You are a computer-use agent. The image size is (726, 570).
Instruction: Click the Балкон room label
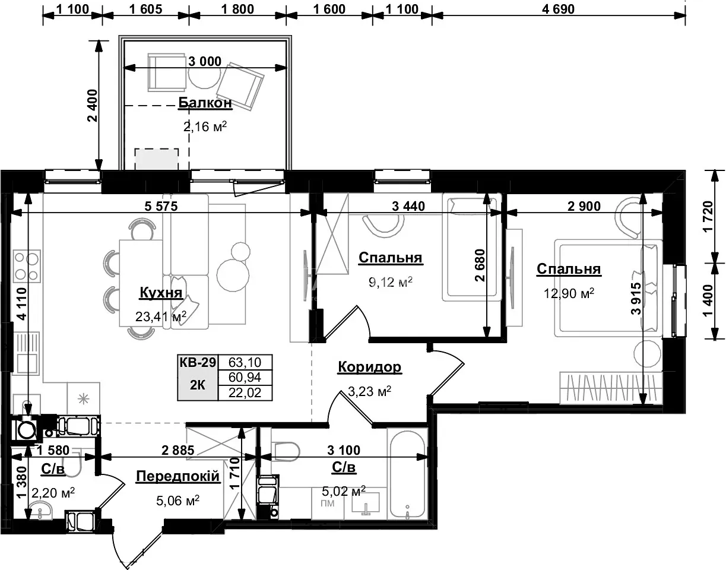click(x=205, y=103)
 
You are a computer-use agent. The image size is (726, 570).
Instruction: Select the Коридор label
click(x=369, y=366)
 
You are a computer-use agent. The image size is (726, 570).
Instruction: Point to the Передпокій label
click(x=177, y=476)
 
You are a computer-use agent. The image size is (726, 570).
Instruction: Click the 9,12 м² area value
click(x=391, y=282)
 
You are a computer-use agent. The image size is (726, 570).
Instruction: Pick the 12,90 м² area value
click(x=569, y=293)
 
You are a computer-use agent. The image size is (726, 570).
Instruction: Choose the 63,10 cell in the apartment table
click(x=245, y=362)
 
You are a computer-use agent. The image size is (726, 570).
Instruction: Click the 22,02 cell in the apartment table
click(x=245, y=392)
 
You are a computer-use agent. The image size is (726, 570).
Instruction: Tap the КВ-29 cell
click(x=198, y=362)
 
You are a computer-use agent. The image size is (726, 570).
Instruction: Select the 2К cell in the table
click(x=198, y=385)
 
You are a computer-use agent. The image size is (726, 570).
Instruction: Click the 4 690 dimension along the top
click(x=558, y=9)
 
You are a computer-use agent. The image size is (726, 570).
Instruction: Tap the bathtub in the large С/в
click(x=408, y=474)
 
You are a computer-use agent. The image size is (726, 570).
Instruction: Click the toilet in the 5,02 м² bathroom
click(x=285, y=451)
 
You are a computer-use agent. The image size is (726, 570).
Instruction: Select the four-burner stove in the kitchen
click(x=27, y=266)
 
